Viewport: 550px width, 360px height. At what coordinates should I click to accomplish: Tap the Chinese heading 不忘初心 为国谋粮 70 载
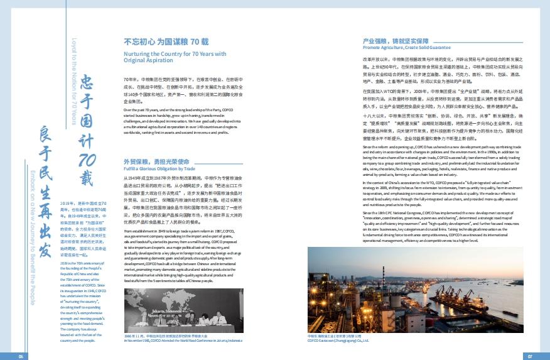pos(166,41)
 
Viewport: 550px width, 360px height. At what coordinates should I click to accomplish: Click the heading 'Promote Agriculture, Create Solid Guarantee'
pos(406,47)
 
